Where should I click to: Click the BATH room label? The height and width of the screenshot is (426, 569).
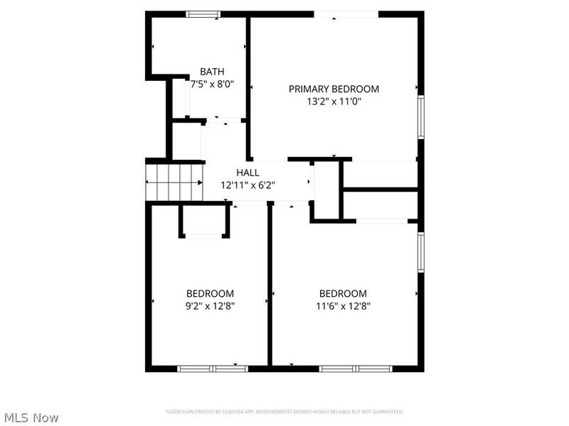tap(212, 72)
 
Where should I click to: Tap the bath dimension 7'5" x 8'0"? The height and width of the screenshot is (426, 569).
tap(212, 84)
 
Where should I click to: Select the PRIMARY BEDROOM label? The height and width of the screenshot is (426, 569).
tap(334, 89)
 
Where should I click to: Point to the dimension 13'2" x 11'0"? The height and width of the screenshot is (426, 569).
tap(334, 101)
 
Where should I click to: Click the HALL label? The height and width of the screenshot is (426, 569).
tap(248, 173)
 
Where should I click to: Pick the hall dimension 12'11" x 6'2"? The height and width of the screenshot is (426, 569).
tap(248, 185)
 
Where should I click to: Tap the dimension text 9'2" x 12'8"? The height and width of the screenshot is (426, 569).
tap(210, 306)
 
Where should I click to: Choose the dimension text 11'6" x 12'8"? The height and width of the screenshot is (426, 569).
tap(343, 306)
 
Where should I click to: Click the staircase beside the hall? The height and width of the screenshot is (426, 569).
tap(175, 182)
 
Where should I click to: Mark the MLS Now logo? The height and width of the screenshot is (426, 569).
tap(31, 417)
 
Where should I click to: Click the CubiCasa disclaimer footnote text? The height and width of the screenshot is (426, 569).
tap(284, 412)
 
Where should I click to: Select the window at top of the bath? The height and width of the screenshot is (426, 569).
tap(203, 13)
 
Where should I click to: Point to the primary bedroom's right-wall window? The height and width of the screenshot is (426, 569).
tap(421, 117)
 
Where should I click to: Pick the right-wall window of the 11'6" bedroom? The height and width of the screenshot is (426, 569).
tap(421, 253)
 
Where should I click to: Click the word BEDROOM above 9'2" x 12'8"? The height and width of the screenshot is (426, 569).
tap(210, 294)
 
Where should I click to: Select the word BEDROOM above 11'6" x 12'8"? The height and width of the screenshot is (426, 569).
tap(343, 294)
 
